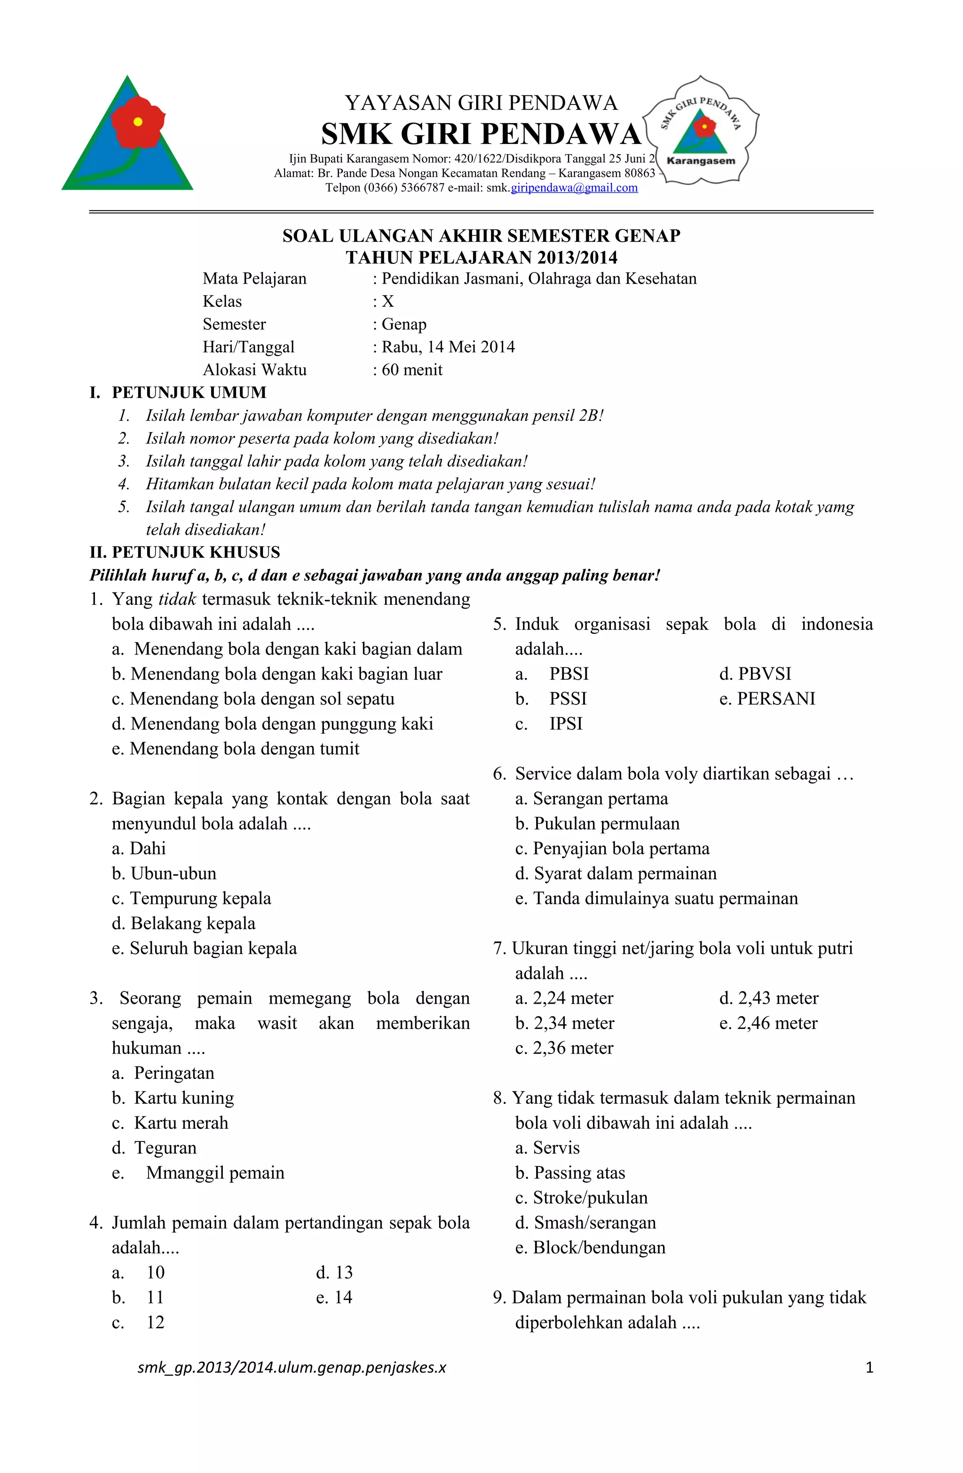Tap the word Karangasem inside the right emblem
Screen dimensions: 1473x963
tap(701, 161)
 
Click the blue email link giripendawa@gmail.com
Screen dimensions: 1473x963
tap(574, 188)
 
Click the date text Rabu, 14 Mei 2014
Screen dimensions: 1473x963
tap(448, 347)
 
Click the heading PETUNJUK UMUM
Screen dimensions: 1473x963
tap(189, 392)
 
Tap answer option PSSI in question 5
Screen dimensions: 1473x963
tap(568, 699)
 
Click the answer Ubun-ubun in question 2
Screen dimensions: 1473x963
tap(174, 873)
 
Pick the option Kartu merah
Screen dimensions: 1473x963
tap(181, 1123)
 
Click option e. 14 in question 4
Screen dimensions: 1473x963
tap(334, 1297)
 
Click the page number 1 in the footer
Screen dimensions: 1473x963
tap(869, 1367)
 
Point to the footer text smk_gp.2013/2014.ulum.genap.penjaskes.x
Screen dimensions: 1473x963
tap(292, 1367)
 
